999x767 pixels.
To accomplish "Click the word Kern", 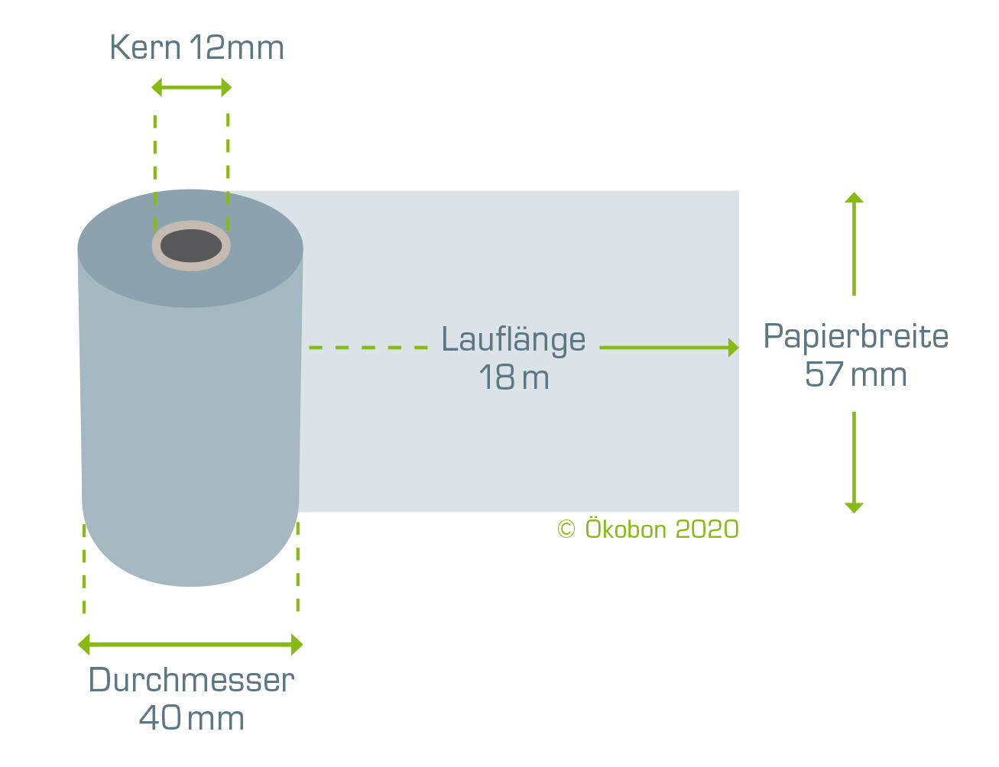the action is (145, 47).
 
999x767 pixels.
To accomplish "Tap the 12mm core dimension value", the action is (237, 47).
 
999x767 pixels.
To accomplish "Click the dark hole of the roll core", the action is (191, 246).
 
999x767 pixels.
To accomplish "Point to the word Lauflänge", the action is (514, 341).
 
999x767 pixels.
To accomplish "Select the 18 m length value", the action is (514, 377).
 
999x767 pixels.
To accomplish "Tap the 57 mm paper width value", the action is (855, 374).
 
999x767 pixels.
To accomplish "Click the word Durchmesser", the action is (191, 680).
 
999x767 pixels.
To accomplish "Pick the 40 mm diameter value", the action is (191, 718).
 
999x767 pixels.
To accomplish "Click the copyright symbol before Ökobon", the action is (566, 529).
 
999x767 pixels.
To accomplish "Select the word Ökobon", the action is (626, 528).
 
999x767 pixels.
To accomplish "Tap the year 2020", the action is (707, 529).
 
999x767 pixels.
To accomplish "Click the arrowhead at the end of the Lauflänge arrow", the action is (734, 348).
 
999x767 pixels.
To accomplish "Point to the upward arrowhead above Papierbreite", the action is (855, 198).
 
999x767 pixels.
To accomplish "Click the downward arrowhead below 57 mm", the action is (855, 508).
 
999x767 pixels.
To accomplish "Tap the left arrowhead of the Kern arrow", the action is (157, 87).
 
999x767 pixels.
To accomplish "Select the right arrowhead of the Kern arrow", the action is (226, 87).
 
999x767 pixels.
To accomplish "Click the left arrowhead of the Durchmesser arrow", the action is (83, 644).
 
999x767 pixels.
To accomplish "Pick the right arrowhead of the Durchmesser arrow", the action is (297, 644).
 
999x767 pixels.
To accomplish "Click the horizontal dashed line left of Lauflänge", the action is (368, 348).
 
